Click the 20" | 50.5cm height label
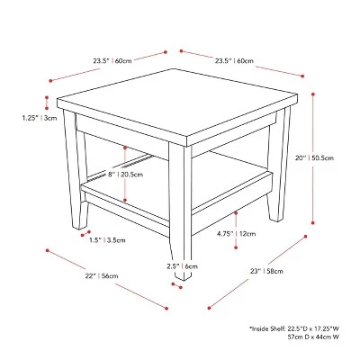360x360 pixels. pos(314,157)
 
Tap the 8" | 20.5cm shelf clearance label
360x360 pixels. pos(125,175)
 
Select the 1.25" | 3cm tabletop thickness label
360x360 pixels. pos(39,118)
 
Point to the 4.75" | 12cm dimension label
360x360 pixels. pos(237,233)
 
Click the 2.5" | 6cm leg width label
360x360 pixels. pos(183,266)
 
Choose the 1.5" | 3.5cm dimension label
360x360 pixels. pos(107,240)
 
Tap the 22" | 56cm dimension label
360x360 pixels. pos(102,275)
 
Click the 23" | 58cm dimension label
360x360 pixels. pos(266,271)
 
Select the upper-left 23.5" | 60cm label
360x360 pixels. pos(112,61)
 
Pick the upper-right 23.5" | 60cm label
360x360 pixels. pos(234,61)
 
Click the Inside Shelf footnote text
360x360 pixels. pos(294,328)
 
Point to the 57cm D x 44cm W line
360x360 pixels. pos(313,337)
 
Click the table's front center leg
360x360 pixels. pos(180,210)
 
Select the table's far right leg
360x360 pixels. pos(279,165)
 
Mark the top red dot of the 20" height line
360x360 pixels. pos(313,94)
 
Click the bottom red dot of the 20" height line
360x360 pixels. pos(313,223)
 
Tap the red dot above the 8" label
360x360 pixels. pos(125,148)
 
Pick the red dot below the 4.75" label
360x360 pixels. pos(236,247)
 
